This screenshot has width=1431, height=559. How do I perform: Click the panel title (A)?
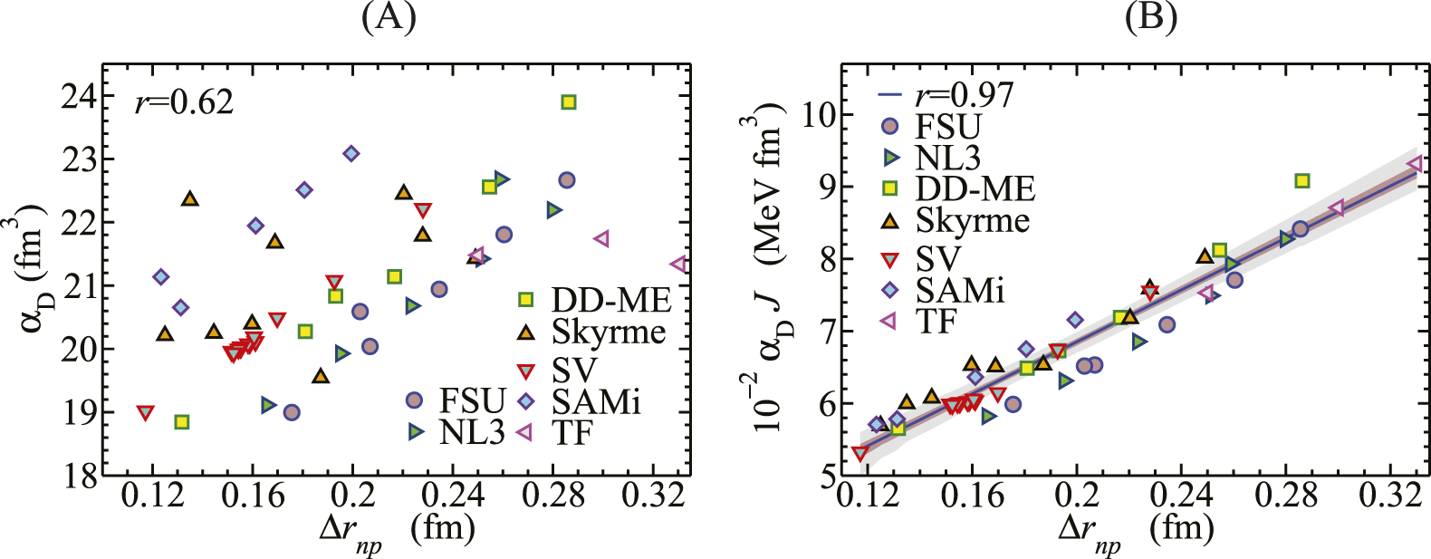(389, 18)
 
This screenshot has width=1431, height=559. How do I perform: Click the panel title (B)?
(1150, 18)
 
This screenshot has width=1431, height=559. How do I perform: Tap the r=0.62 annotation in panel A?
(184, 101)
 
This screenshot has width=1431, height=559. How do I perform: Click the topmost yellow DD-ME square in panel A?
(568, 102)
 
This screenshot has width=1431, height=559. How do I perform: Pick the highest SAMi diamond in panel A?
(351, 153)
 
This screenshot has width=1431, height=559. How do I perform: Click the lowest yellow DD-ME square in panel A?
(182, 422)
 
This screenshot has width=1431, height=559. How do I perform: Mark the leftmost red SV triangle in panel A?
(146, 412)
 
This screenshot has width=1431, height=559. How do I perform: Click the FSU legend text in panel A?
(471, 400)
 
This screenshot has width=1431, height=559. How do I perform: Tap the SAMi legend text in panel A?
(595, 400)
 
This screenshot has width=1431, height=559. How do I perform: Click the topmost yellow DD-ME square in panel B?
(1301, 181)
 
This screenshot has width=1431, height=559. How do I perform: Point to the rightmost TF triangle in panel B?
(1416, 164)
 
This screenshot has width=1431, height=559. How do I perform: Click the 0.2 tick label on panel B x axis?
(1077, 496)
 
